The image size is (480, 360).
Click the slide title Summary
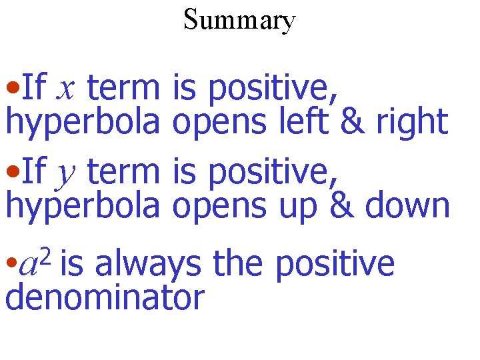pos(239,21)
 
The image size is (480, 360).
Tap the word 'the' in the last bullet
pos(239,263)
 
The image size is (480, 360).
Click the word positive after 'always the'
pos(335,265)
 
